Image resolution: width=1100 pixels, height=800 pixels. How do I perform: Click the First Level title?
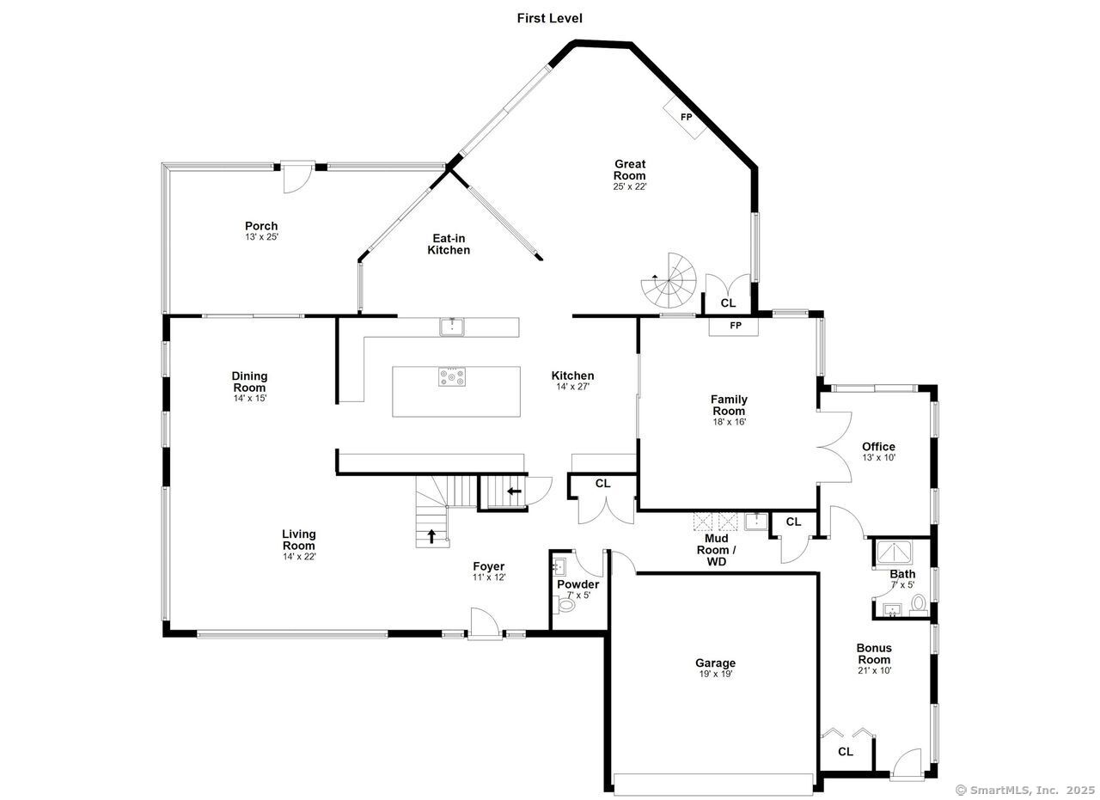click(549, 18)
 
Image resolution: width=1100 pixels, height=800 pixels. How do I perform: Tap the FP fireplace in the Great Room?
click(685, 117)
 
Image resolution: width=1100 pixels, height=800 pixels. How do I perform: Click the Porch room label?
click(260, 226)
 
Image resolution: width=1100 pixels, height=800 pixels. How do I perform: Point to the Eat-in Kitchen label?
click(449, 244)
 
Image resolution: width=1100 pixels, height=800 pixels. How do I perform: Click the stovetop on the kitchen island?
click(452, 377)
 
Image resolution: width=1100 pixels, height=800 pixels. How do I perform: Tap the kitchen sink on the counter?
click(452, 326)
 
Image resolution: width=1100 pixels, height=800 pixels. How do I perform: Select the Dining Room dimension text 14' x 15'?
click(249, 398)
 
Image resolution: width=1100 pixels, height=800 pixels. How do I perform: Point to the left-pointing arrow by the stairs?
click(514, 492)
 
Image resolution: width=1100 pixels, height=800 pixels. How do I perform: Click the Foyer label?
click(488, 566)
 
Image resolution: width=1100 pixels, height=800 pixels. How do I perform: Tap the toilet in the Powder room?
click(566, 605)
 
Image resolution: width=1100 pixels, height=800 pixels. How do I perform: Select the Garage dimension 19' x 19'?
click(715, 675)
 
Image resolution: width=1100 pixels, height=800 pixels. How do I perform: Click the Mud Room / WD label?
click(716, 550)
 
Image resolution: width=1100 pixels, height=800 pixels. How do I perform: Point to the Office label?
click(878, 447)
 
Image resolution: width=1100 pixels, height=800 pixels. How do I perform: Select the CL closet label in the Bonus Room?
click(845, 752)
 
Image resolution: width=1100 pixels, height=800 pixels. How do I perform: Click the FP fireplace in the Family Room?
click(735, 327)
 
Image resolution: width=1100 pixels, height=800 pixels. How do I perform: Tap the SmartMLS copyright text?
click(1025, 790)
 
